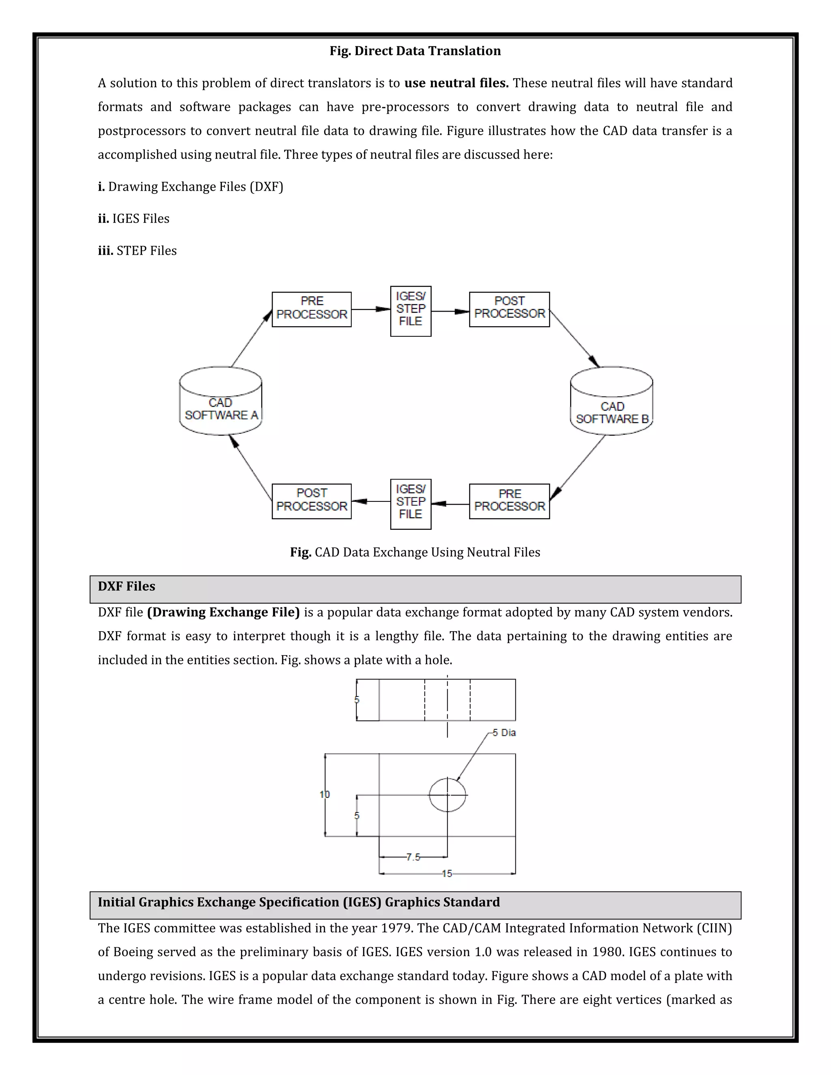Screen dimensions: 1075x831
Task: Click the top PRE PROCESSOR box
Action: [312, 309]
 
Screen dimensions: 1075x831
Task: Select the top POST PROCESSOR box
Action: [509, 309]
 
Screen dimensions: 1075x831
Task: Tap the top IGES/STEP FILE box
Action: [411, 311]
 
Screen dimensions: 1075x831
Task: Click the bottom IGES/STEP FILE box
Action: [411, 504]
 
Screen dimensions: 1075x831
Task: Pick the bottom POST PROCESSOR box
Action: [312, 501]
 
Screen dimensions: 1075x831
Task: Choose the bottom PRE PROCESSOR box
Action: [509, 501]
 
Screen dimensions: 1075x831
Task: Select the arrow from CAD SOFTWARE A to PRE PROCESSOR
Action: [252, 338]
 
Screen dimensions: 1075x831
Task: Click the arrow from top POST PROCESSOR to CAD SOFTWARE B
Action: [575, 339]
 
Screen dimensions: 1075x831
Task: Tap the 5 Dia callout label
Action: [504, 732]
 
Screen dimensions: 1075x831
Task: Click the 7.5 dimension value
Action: [413, 857]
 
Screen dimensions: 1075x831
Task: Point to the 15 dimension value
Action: [446, 874]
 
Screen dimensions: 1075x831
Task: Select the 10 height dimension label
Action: [325, 794]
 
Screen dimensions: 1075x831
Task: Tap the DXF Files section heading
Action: [127, 586]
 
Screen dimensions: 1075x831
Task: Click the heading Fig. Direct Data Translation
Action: [415, 51]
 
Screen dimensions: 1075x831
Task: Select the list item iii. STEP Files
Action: [138, 251]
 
